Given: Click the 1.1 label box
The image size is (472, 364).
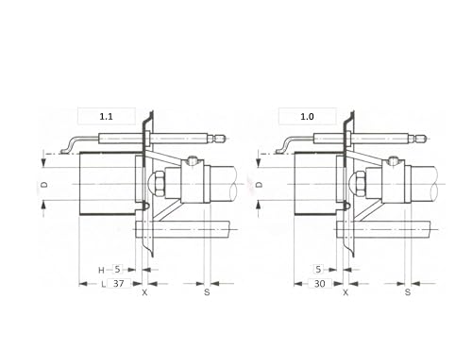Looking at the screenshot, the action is [x=107, y=116].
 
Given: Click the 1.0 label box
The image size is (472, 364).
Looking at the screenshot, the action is [x=307, y=116].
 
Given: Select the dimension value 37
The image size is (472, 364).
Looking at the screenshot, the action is [x=118, y=284].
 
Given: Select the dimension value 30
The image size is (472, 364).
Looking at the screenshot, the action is [x=319, y=284].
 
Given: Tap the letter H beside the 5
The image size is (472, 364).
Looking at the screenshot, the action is [x=101, y=271].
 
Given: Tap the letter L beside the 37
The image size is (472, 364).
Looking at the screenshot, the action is [x=103, y=285].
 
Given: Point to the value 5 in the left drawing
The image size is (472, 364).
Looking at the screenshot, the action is [x=117, y=270].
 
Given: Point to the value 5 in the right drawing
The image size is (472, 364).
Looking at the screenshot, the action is [x=318, y=270].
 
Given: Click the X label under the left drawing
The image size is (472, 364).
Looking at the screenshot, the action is [x=144, y=292].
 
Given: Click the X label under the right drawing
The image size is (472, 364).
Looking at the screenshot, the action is [x=346, y=292].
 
